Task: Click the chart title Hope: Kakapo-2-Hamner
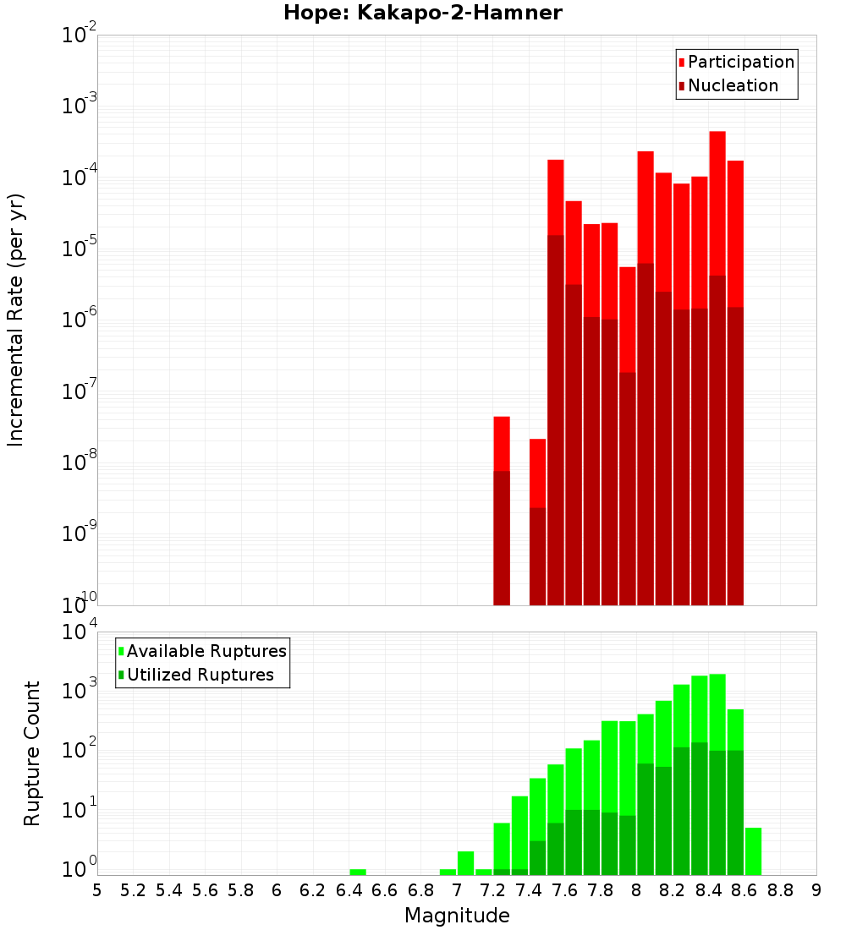(x=422, y=13)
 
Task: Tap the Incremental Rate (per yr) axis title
(x=16, y=320)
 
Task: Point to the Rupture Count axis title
(x=32, y=753)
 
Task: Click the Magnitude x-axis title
(x=457, y=916)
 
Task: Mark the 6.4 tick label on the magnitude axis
(x=349, y=890)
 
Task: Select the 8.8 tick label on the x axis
(x=780, y=890)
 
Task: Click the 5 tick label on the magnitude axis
(x=97, y=890)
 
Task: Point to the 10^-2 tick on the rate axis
(x=80, y=36)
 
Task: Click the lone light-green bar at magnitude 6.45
(x=358, y=872)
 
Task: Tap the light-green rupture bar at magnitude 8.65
(x=753, y=851)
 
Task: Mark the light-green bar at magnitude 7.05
(x=465, y=863)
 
